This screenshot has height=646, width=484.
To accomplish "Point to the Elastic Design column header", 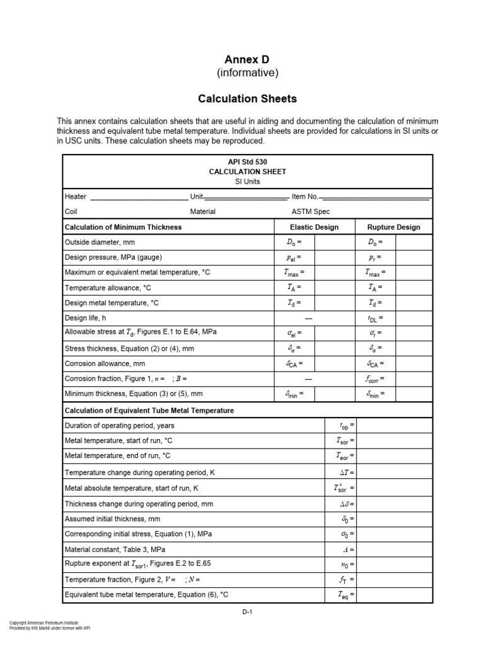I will pos(314,227).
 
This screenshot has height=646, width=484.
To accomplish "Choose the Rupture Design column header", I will pos(393,227).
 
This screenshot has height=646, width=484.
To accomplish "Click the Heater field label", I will pos(76,197).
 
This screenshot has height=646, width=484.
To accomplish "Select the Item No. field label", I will pos(305,197).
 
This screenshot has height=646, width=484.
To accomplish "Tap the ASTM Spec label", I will pos(311,212).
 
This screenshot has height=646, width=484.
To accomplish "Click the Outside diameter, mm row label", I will pos(100,242).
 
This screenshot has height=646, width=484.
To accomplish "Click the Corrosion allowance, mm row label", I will pos(105,364).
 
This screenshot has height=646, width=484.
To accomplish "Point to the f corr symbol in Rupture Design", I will pos(375,379).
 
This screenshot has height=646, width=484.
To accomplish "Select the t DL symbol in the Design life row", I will pos(375,319).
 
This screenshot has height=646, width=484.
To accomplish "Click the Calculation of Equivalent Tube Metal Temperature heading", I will pos(149,410).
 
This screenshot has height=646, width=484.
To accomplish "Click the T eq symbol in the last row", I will pos(344,595).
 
